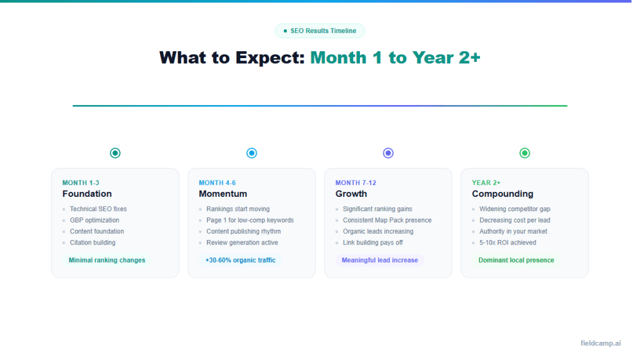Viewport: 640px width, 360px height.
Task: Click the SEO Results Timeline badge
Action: point(320,31)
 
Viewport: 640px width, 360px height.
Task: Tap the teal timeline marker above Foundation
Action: point(115,153)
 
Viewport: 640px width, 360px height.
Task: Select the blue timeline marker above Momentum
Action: point(251,153)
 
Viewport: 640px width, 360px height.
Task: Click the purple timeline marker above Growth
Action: point(388,153)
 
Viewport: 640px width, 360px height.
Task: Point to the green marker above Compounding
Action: point(524,153)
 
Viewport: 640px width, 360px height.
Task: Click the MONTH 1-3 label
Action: point(81,182)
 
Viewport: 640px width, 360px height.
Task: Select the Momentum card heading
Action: point(223,194)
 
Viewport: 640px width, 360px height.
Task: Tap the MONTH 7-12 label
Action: point(356,182)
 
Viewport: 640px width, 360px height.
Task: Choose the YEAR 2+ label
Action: point(486,182)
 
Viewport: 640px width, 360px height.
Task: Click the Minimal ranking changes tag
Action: point(107,260)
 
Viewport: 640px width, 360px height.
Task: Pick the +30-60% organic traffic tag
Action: point(240,260)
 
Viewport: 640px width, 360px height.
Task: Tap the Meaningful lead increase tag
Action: point(379,260)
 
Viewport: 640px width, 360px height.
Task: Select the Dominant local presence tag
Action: point(516,260)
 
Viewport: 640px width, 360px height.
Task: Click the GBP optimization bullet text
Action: point(94,220)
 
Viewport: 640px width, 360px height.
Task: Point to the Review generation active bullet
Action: point(242,242)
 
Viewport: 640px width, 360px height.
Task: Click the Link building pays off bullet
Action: point(372,242)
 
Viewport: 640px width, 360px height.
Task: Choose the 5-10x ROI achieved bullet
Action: point(507,242)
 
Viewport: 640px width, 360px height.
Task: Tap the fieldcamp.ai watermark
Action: point(600,343)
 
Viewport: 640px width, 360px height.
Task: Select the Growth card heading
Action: point(351,194)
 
